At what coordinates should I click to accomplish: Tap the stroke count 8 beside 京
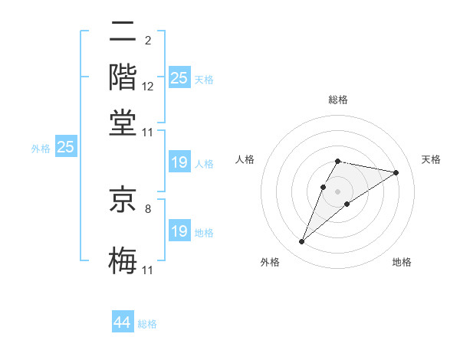point(148,208)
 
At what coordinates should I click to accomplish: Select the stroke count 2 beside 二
point(147,39)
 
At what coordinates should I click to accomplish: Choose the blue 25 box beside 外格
point(65,147)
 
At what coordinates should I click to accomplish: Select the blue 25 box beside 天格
point(179,77)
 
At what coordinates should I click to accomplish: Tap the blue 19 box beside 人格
point(179,162)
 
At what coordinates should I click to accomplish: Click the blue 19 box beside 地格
point(179,231)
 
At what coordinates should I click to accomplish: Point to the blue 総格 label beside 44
point(147,324)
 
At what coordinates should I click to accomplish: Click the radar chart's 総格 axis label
point(338,100)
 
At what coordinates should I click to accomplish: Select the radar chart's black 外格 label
point(270,263)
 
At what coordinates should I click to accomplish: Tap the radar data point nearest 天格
point(396,172)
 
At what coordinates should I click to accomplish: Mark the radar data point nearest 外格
point(301,242)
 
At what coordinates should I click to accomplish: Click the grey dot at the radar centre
point(337,191)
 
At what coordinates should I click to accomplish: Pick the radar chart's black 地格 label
point(402,263)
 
